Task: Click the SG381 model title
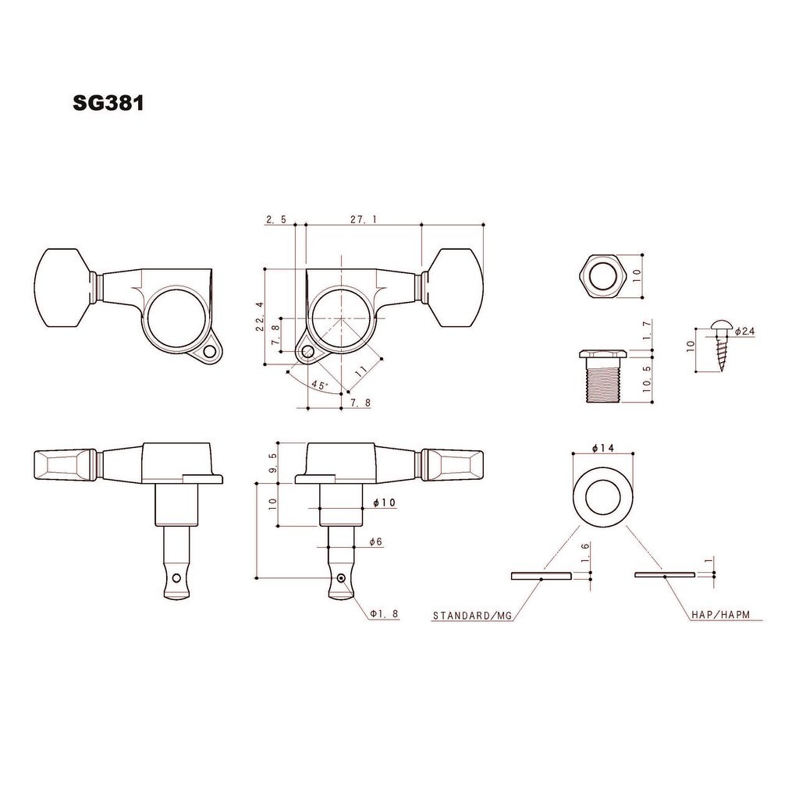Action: point(108,103)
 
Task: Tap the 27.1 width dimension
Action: point(364,219)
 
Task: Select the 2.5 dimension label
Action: point(276,219)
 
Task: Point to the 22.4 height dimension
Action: point(260,317)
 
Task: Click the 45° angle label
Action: point(319,385)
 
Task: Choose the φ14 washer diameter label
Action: point(603,448)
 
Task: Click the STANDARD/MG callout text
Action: point(472,616)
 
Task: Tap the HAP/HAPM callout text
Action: point(720,615)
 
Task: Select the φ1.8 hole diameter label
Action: point(384,614)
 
